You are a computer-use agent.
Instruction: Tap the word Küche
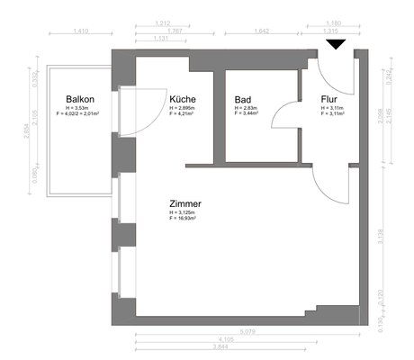point(183,99)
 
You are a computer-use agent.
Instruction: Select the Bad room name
point(242,99)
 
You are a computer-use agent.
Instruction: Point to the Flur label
point(328,99)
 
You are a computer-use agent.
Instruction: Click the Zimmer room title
point(184,203)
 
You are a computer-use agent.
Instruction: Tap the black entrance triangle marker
point(336,44)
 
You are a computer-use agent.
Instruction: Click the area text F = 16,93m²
point(183,219)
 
